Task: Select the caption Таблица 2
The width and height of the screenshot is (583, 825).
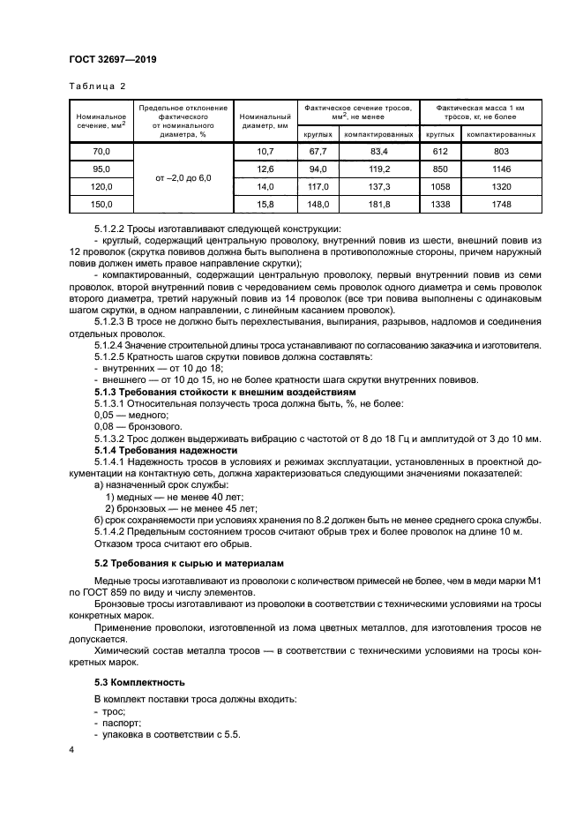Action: tap(97, 86)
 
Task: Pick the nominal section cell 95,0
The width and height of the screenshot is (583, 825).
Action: tap(101, 169)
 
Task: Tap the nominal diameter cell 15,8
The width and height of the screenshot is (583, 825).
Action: tap(265, 205)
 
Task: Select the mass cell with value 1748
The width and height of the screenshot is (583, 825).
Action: tap(501, 205)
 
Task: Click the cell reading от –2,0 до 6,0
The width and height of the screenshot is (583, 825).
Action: tap(183, 178)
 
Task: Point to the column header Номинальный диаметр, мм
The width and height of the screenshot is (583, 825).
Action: tap(265, 121)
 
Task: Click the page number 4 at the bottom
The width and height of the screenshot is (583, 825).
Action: tap(71, 748)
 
